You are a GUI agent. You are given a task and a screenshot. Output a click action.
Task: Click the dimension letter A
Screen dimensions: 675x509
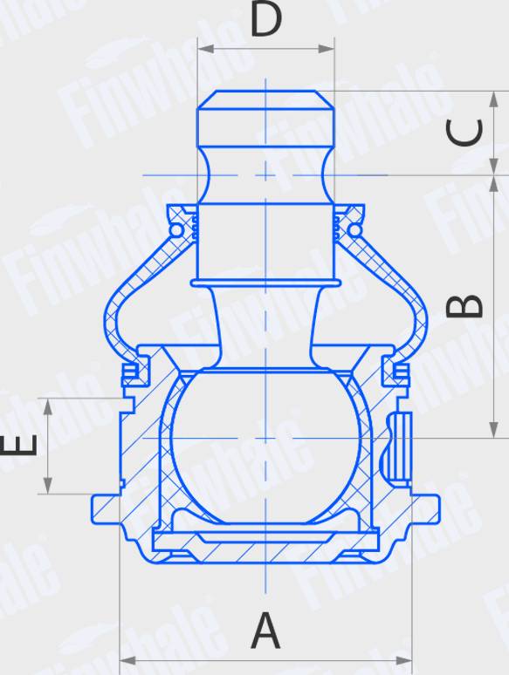pyautogui.click(x=266, y=631)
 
